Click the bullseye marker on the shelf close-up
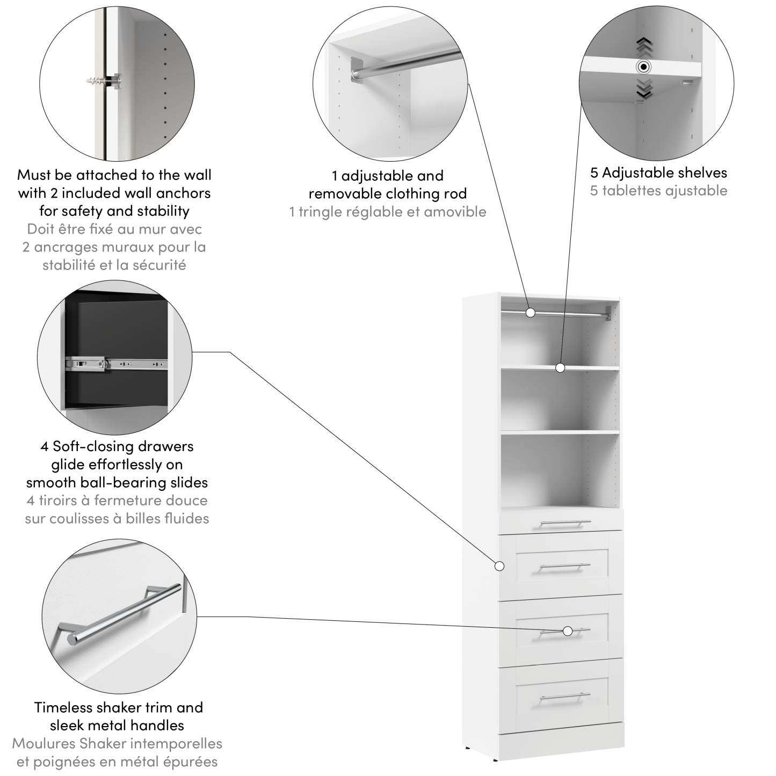pyautogui.click(x=643, y=67)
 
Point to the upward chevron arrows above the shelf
pyautogui.click(x=644, y=47)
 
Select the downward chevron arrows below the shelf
pyautogui.click(x=644, y=88)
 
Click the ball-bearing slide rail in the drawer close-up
pyautogui.click(x=115, y=364)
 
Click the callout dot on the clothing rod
pyautogui.click(x=531, y=312)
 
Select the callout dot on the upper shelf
pyautogui.click(x=560, y=368)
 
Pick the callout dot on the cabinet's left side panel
pyautogui.click(x=499, y=566)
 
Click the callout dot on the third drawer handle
pyautogui.click(x=568, y=631)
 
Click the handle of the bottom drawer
pyautogui.click(x=565, y=697)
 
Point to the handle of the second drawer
pyautogui.click(x=565, y=566)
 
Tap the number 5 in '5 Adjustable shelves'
pyautogui.click(x=594, y=173)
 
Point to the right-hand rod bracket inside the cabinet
pyautogui.click(x=607, y=313)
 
